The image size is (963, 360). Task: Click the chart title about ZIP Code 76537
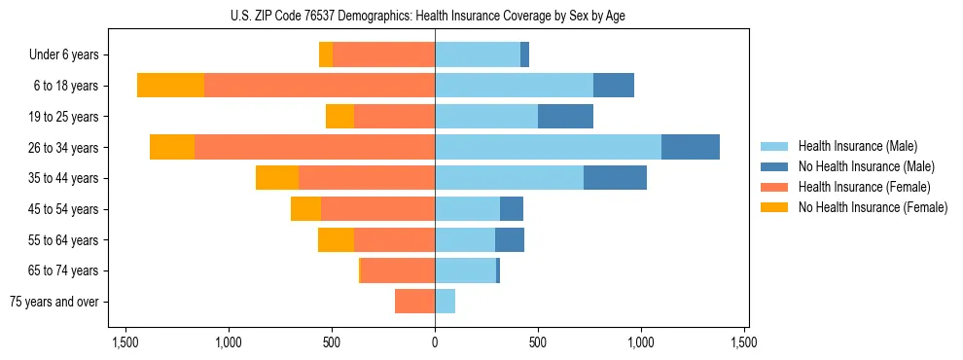[435, 16]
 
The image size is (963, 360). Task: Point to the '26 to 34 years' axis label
[64, 148]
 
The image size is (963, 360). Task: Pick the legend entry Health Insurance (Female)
[865, 187]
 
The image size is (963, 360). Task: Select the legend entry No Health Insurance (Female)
[873, 207]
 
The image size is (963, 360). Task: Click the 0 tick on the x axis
[435, 342]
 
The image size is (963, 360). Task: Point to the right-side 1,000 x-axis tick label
[641, 342]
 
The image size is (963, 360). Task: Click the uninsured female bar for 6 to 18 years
[170, 86]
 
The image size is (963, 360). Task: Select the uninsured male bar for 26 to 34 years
[691, 147]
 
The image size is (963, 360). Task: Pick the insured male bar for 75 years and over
[445, 302]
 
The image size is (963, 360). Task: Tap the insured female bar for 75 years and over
[414, 302]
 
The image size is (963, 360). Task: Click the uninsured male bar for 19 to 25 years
[565, 117]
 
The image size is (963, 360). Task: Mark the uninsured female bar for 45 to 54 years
[305, 209]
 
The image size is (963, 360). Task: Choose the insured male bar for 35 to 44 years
[509, 178]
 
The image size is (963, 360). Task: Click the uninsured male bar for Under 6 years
[524, 55]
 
